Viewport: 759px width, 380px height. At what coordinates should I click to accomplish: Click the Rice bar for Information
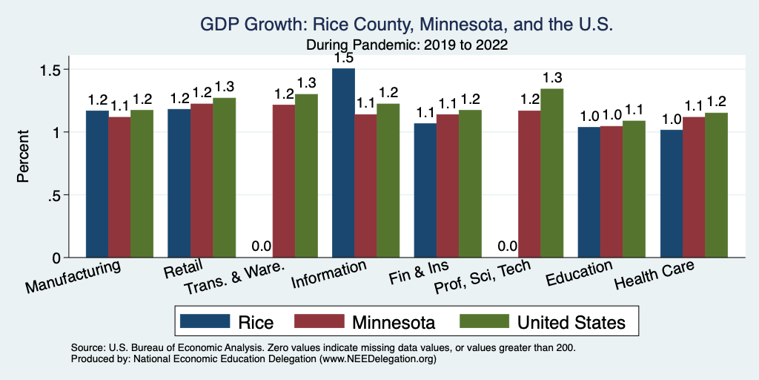344,163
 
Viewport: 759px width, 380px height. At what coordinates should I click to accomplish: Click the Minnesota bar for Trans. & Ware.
284,181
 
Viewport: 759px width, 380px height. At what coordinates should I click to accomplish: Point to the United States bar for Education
634,189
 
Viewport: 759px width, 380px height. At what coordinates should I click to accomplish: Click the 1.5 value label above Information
343,57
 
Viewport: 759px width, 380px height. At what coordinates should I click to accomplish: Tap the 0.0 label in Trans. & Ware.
261,246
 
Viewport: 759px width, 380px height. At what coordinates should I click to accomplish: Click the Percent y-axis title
24,158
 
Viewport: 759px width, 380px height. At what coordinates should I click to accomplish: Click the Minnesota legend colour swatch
320,322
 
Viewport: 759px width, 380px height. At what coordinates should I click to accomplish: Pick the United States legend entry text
571,322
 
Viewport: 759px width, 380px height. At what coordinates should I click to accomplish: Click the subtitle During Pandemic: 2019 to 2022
406,45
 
